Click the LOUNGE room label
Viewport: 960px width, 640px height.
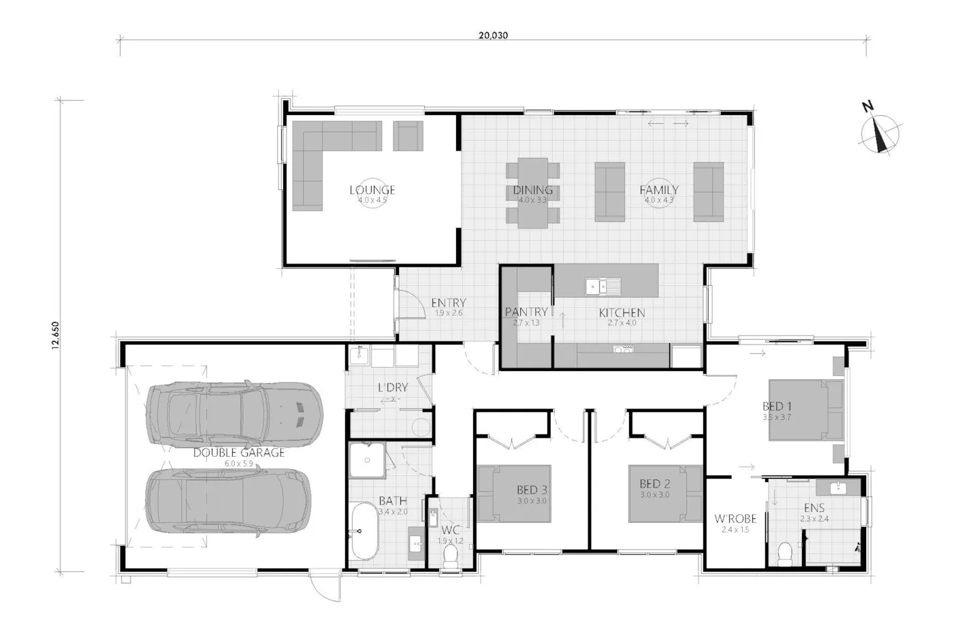point(372,190)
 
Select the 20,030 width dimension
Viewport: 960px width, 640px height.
point(493,36)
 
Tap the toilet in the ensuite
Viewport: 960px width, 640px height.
point(785,553)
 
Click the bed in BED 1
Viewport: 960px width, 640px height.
point(807,411)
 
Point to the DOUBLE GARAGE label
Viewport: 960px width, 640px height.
point(238,453)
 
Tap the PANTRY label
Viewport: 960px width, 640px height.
point(526,312)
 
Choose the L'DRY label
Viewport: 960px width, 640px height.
point(392,388)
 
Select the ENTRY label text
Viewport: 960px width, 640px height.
point(448,303)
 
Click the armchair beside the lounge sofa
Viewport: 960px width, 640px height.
point(408,135)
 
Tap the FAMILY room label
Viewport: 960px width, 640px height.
point(658,190)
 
